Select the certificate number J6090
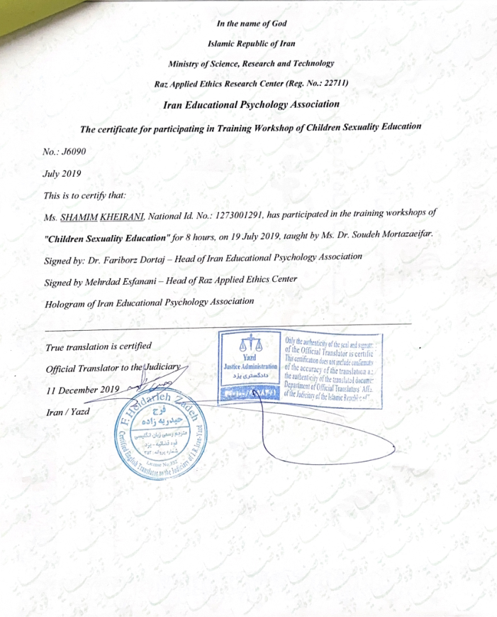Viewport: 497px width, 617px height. click(74, 151)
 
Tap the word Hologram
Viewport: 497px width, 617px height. click(64, 301)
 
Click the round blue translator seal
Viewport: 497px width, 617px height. click(157, 437)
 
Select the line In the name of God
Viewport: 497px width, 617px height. click(251, 24)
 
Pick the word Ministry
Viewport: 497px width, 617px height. click(184, 63)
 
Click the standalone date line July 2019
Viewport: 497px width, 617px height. click(64, 173)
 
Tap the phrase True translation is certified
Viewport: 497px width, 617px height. click(99, 346)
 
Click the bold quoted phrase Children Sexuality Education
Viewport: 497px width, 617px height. click(113, 236)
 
